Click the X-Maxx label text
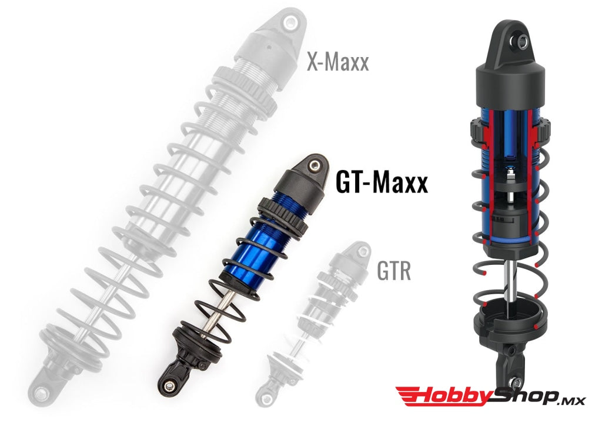click(337, 61)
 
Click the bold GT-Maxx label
click(381, 182)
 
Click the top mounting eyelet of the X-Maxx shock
click(289, 22)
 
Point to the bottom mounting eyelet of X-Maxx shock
click(41, 392)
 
